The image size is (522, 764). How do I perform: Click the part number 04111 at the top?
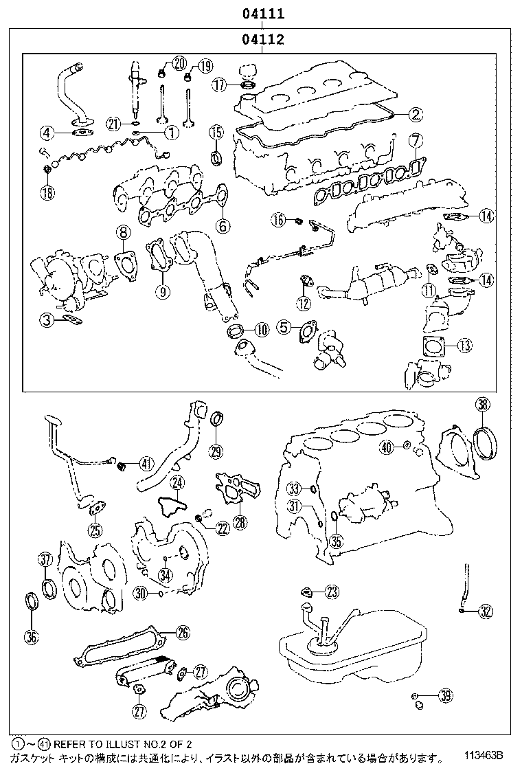click(x=262, y=13)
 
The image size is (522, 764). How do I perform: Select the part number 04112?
click(x=262, y=40)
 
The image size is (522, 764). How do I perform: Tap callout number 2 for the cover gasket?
click(x=416, y=115)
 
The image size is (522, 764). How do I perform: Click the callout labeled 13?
click(x=464, y=345)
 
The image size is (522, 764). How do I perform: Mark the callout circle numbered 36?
click(x=31, y=636)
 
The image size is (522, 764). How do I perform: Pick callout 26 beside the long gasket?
click(x=182, y=633)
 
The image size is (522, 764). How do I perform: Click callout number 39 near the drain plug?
click(x=446, y=697)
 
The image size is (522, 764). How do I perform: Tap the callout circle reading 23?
click(x=332, y=592)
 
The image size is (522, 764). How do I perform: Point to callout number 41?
click(x=146, y=463)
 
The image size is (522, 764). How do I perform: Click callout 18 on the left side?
click(x=47, y=192)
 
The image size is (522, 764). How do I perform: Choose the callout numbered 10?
click(x=260, y=330)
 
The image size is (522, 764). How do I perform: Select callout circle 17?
click(x=218, y=85)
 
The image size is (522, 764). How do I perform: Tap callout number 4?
click(x=47, y=132)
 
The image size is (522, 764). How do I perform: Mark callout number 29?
click(x=216, y=451)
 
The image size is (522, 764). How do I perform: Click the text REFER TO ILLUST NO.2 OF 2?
click(x=122, y=744)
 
